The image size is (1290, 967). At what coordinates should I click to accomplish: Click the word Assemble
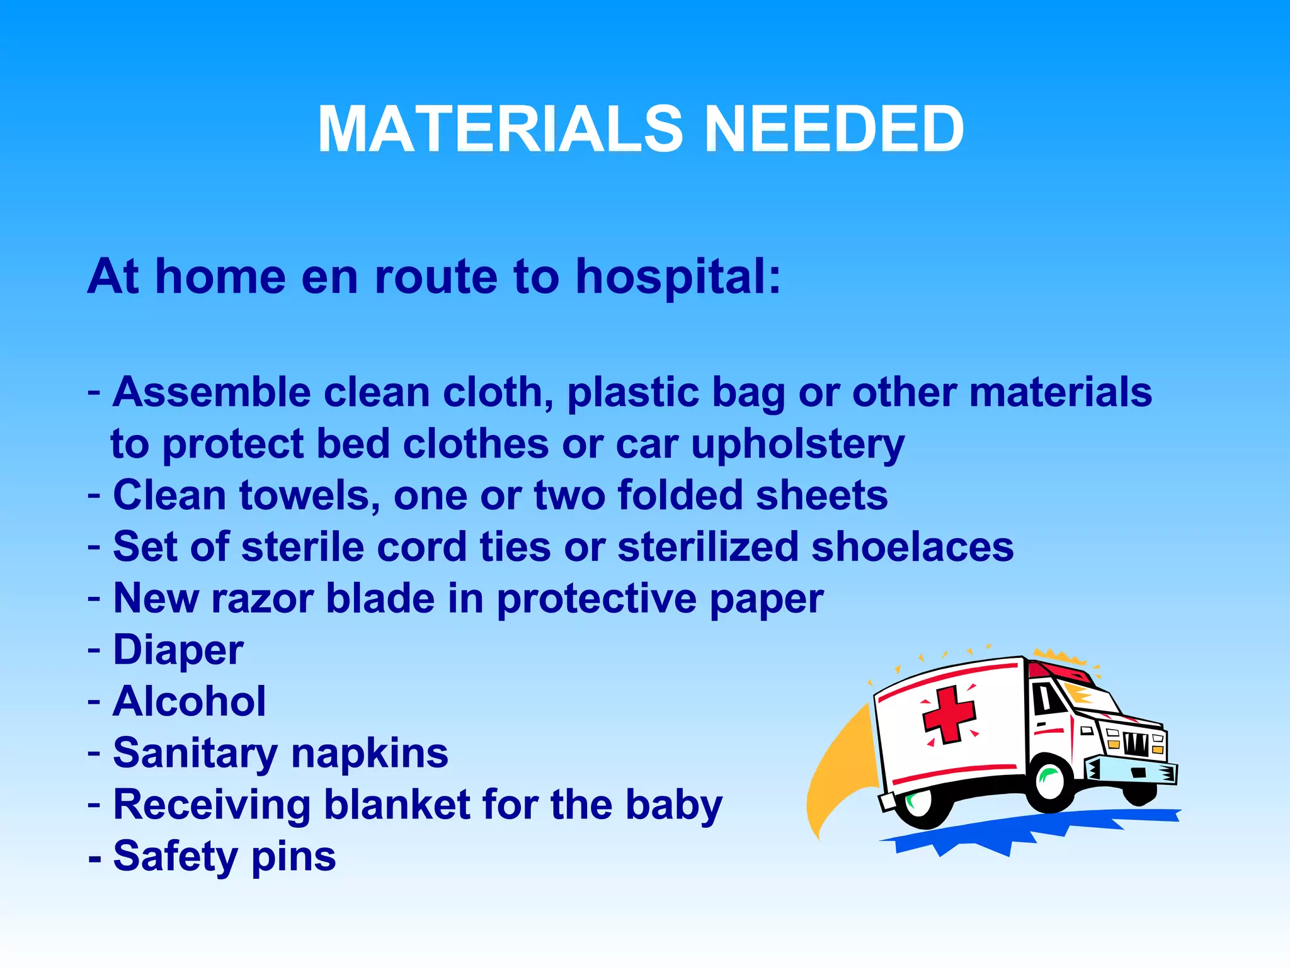pos(212,392)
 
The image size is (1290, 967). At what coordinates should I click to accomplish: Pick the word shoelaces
pos(912,546)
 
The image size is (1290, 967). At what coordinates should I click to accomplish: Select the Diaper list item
pos(178,650)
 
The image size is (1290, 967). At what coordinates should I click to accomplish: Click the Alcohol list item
pos(189,701)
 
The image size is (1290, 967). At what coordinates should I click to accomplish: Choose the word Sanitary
pos(195,753)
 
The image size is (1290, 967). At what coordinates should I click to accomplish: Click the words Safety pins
pos(224,856)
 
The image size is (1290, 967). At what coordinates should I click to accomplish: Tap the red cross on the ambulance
pos(949,715)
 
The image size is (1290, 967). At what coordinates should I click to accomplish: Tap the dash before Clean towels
pos(94,495)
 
